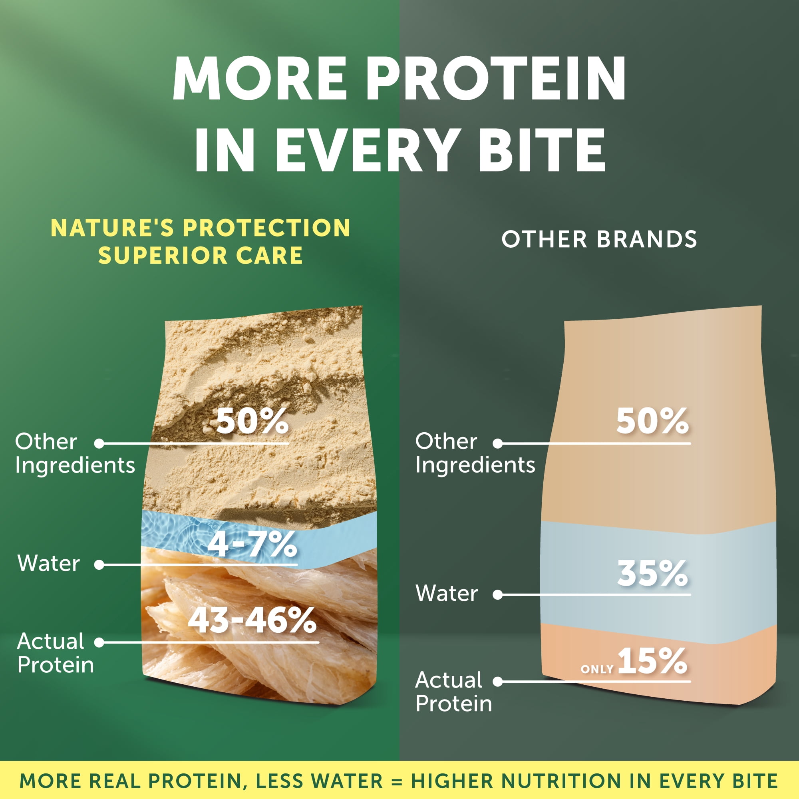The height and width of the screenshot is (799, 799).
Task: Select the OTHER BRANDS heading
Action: tap(599, 239)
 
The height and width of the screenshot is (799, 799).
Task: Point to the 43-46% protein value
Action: tap(252, 620)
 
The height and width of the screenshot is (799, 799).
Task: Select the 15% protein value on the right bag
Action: tap(653, 660)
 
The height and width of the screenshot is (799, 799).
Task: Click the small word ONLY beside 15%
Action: tap(597, 669)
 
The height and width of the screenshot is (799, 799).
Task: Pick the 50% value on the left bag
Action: tap(252, 421)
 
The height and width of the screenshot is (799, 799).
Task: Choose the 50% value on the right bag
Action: tap(653, 421)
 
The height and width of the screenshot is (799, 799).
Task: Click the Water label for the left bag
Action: tap(48, 563)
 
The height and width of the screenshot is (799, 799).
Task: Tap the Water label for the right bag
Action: tap(447, 593)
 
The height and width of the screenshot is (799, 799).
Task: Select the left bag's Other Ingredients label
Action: tap(75, 453)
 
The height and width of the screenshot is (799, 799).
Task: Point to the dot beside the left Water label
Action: tap(99, 564)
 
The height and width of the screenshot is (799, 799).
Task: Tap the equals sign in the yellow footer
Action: tap(397, 781)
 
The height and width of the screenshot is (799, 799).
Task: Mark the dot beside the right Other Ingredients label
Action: tap(498, 443)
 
